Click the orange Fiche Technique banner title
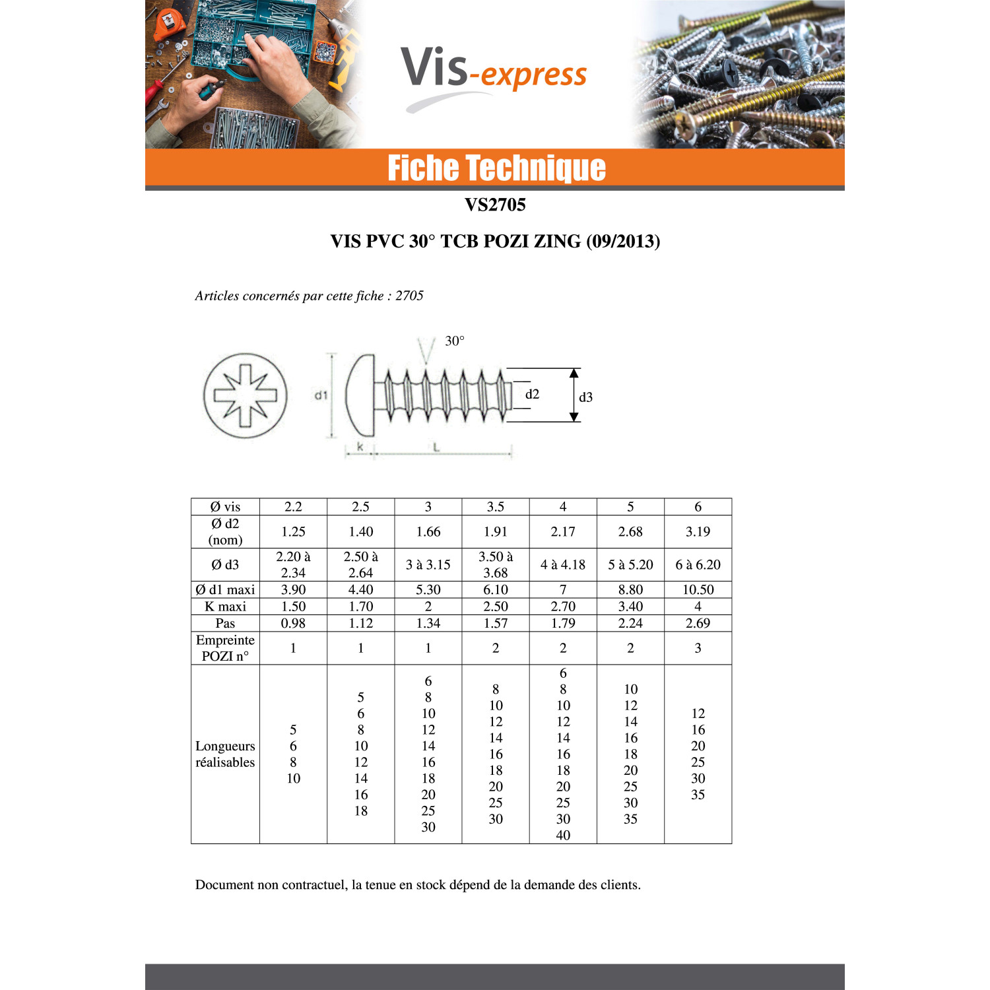(x=496, y=168)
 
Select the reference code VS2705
(x=495, y=205)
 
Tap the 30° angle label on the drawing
(x=455, y=341)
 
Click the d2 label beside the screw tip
(x=532, y=394)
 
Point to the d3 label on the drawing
(x=585, y=397)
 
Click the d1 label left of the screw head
(x=321, y=395)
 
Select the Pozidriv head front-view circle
(x=246, y=395)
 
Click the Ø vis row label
(x=225, y=507)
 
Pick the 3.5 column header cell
(x=496, y=507)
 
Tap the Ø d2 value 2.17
(x=563, y=532)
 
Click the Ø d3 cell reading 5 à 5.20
(x=630, y=565)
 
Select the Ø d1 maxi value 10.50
(x=698, y=590)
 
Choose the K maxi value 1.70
(x=361, y=607)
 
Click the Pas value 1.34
(x=428, y=623)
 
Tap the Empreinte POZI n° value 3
(x=698, y=648)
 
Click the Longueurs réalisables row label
(x=225, y=754)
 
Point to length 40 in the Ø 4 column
(x=563, y=835)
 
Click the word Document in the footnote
(x=225, y=885)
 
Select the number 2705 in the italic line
(x=409, y=296)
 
